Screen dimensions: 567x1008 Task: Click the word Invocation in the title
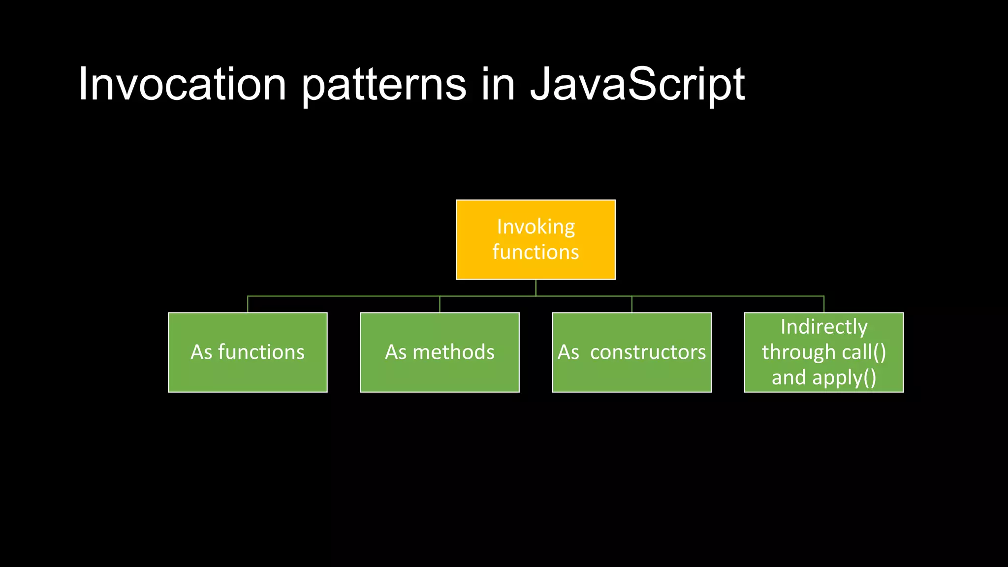182,85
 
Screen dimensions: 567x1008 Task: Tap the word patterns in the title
383,85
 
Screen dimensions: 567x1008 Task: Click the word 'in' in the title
498,85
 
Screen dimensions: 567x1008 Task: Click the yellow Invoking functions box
535,239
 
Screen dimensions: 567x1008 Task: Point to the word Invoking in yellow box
535,227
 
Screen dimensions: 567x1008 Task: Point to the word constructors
648,352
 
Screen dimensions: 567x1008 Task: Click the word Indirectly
824,327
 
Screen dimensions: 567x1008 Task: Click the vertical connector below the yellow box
535,287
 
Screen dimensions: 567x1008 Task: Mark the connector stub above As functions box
248,304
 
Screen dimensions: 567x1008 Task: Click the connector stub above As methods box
440,304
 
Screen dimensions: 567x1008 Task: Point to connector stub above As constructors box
631,304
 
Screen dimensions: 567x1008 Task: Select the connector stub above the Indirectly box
824,304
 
